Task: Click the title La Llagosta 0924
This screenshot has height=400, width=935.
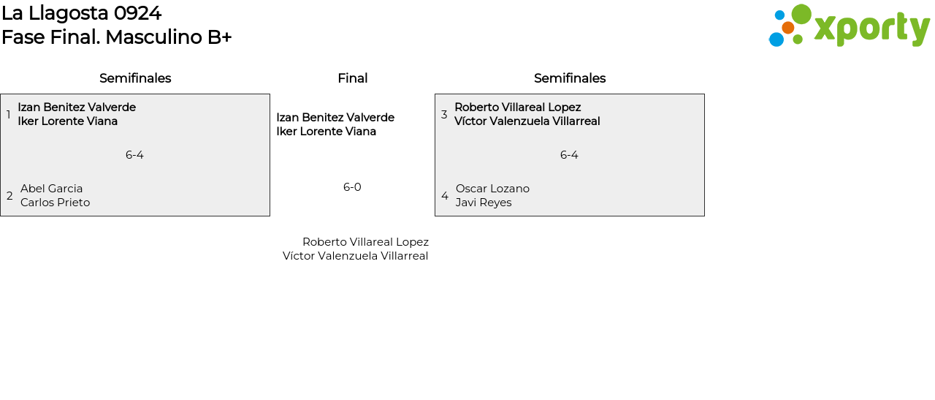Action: tap(81, 13)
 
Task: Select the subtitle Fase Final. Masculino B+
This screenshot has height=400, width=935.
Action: tap(116, 37)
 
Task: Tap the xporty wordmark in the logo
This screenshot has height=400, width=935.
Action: tap(871, 29)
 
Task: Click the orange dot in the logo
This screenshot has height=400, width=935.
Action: tap(787, 28)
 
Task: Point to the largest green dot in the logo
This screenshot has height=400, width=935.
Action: tap(801, 14)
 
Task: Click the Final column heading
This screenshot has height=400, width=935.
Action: tap(352, 78)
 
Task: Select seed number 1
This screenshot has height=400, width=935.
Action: tap(8, 115)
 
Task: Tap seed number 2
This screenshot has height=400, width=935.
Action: tap(9, 196)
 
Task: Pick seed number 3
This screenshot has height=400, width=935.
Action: tap(444, 115)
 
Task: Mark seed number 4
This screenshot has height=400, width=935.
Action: tap(445, 196)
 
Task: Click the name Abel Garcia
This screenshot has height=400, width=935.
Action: tap(51, 189)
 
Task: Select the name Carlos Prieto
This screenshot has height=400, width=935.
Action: tap(55, 203)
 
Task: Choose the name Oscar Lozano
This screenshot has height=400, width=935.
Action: tap(492, 189)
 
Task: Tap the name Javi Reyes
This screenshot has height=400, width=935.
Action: tap(484, 203)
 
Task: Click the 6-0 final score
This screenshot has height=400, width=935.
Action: tap(352, 187)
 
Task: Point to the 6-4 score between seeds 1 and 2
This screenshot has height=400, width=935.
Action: tap(134, 155)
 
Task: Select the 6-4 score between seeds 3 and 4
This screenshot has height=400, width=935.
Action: tap(569, 155)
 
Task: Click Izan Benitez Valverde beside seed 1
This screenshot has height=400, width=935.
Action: tap(77, 107)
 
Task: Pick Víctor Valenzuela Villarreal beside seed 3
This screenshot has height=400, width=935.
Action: tap(527, 121)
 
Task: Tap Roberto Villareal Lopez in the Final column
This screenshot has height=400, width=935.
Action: tap(365, 242)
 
